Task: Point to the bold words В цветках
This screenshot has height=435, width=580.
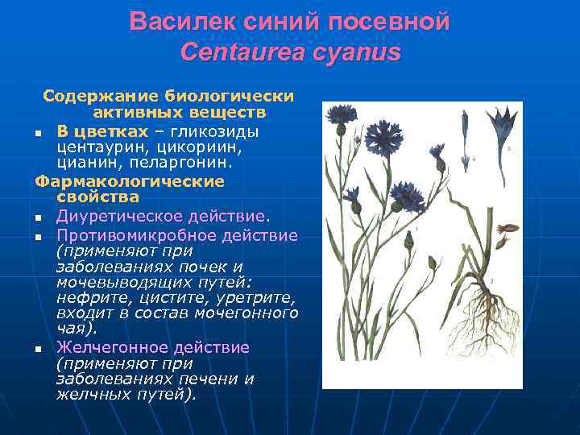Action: [102, 130]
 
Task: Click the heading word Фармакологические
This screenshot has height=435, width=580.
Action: [130, 181]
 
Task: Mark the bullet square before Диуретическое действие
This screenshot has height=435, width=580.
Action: [39, 217]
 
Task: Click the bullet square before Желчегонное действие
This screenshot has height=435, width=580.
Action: [39, 349]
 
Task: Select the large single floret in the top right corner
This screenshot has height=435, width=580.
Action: [505, 129]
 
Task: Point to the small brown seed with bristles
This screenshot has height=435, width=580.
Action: [503, 230]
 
